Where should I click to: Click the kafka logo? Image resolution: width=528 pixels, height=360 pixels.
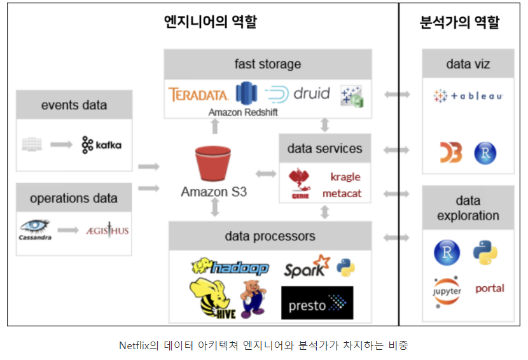101,145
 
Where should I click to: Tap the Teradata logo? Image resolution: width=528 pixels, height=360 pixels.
199,95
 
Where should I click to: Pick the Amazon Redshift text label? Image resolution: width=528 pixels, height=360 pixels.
242,112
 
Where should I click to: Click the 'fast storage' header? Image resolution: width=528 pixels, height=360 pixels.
267,64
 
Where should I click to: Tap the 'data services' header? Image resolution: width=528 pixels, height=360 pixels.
324,149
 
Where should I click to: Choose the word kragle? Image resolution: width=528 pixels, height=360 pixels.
345,176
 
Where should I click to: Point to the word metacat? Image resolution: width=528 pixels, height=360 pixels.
342,192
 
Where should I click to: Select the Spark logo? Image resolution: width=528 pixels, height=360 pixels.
307,268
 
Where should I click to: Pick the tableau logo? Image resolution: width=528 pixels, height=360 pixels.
468,96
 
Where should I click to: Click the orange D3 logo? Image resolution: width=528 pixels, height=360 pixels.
450,153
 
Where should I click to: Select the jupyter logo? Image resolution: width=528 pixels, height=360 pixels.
447,288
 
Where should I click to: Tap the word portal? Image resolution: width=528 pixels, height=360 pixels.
489,288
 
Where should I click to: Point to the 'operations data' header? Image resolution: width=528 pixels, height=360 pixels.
74,198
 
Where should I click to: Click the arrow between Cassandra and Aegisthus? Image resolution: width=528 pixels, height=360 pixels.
68,230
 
